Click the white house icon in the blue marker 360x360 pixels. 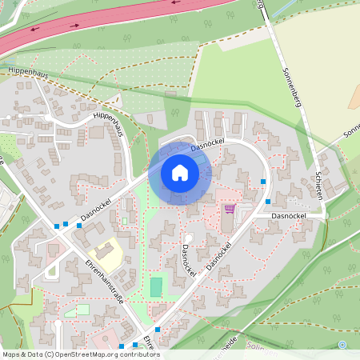tap(179, 172)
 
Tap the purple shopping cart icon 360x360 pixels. tap(230, 209)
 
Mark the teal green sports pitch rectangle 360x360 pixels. tap(156, 286)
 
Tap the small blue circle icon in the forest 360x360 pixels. tap(342, 345)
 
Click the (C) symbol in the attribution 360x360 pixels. tap(50, 354)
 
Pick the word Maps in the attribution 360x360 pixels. tap(11, 354)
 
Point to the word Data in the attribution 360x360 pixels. tap(35, 354)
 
